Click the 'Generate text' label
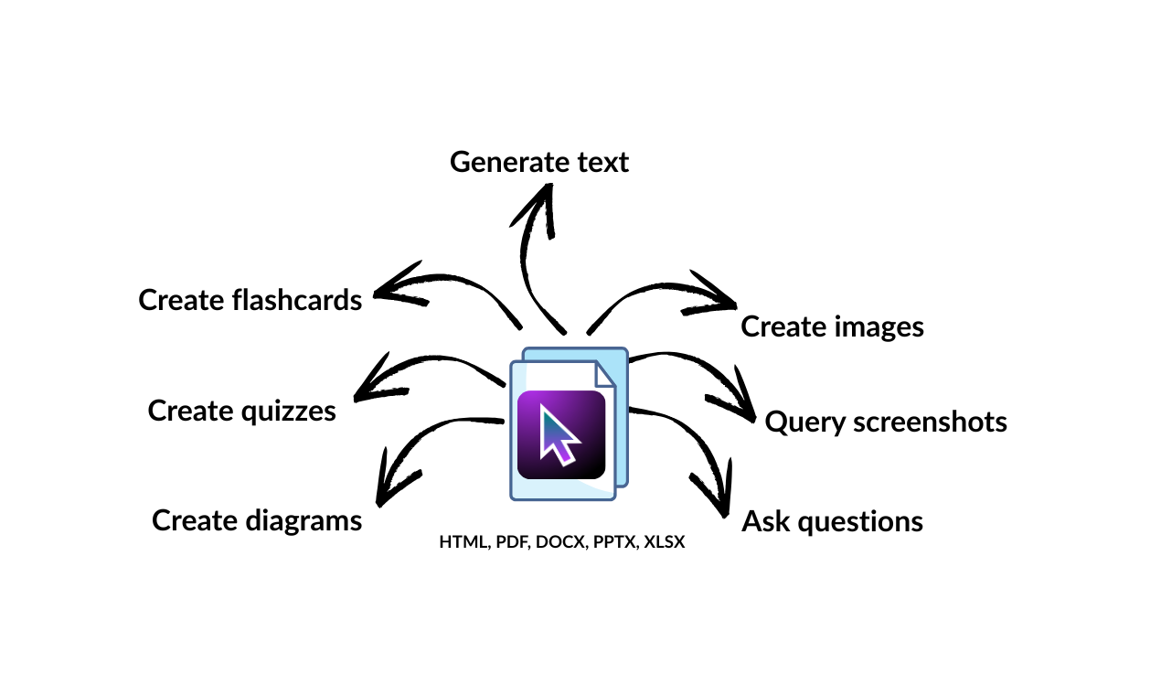pos(539,162)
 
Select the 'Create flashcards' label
pos(250,299)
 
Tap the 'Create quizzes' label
pos(242,411)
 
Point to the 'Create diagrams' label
pos(257,520)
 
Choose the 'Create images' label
pos(832,326)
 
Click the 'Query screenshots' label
pos(886,422)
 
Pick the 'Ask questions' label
pos(832,521)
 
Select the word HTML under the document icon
pos(463,541)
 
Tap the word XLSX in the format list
pos(665,541)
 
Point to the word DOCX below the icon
pos(559,541)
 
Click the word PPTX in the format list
pos(614,541)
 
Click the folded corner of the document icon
pos(605,374)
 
